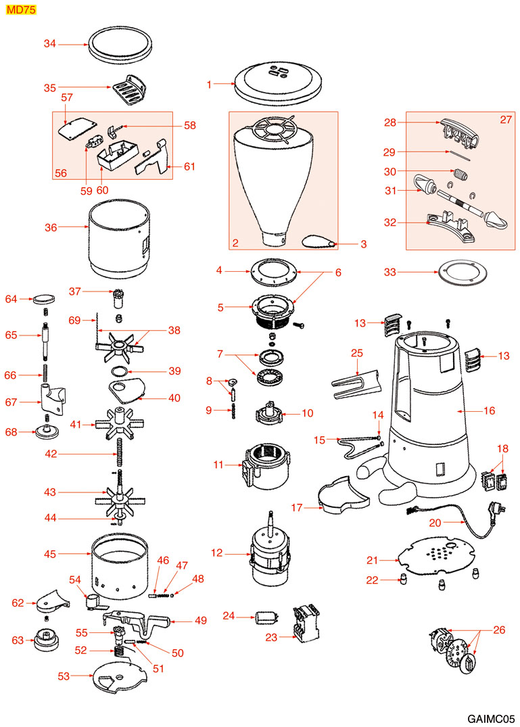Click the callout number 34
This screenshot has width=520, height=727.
coord(49,44)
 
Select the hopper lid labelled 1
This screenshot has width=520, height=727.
coord(277,80)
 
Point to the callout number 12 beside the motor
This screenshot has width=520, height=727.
coord(216,553)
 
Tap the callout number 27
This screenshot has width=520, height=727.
coord(506,120)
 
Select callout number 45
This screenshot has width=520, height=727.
coord(49,553)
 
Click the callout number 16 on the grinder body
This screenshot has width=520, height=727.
coord(490,411)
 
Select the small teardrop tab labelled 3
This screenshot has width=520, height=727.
coord(316,243)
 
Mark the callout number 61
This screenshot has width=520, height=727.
coord(189,166)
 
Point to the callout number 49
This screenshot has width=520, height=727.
coord(201,621)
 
